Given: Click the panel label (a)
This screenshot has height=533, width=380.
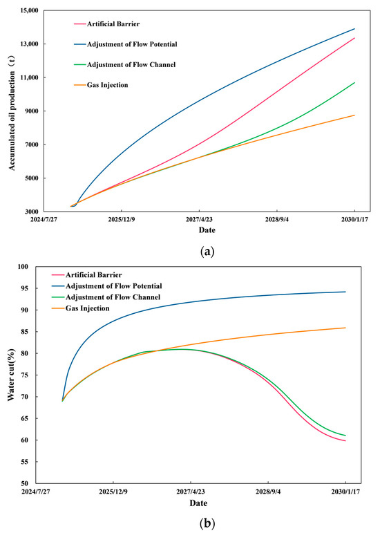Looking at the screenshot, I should coord(191,252).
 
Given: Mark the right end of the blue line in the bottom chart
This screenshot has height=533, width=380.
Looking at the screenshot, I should coord(345,292).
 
